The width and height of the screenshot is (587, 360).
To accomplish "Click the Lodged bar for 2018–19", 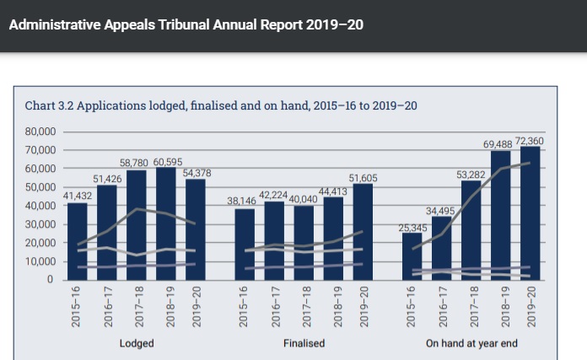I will click(x=165, y=223).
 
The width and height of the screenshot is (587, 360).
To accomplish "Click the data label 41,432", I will click(x=77, y=196).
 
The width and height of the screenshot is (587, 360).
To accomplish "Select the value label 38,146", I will click(x=244, y=201).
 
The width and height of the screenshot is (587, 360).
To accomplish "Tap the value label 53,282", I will click(x=471, y=174).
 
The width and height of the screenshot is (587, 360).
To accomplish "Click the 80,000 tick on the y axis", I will click(x=40, y=132).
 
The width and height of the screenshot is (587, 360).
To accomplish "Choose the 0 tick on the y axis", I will click(x=50, y=279).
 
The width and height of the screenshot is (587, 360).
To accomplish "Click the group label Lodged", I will click(x=136, y=344).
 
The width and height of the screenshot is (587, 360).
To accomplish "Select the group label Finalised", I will click(x=304, y=344).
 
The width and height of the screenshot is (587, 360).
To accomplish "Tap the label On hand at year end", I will click(x=471, y=344).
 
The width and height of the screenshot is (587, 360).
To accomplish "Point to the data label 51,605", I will click(x=364, y=177).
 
